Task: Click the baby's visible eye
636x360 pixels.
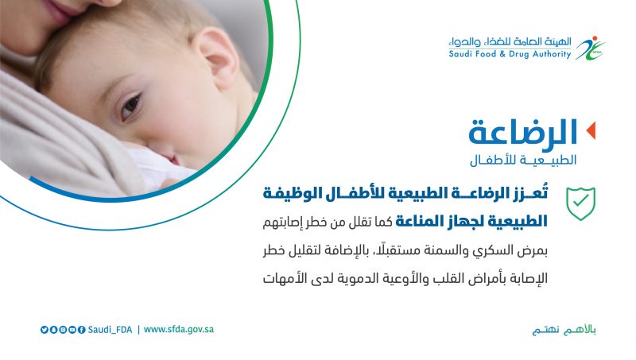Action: pyautogui.click(x=130, y=106)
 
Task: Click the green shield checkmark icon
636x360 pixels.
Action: pyautogui.click(x=581, y=203)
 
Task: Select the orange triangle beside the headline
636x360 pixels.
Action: pyautogui.click(x=591, y=130)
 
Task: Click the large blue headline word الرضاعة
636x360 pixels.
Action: pyautogui.click(x=523, y=132)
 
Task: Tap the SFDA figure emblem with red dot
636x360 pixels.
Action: pyautogui.click(x=591, y=48)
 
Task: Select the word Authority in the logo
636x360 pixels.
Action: pyautogui.click(x=552, y=54)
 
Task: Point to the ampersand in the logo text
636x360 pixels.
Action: pyautogui.click(x=502, y=54)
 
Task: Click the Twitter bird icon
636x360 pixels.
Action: pyautogui.click(x=45, y=330)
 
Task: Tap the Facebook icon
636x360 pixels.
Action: pyautogui.click(x=82, y=330)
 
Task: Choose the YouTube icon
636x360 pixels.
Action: pyautogui.click(x=72, y=330)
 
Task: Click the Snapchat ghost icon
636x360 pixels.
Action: pyautogui.click(x=53, y=330)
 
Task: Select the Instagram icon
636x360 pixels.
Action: pyautogui.click(x=63, y=330)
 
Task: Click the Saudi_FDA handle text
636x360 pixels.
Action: pyautogui.click(x=110, y=330)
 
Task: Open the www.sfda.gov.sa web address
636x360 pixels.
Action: pyautogui.click(x=178, y=329)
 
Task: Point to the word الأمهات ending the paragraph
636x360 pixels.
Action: pyautogui.click(x=284, y=278)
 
